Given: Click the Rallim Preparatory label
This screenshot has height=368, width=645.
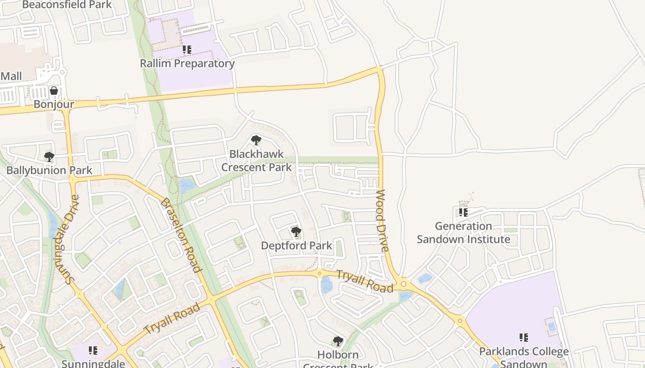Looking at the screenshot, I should (x=187, y=63).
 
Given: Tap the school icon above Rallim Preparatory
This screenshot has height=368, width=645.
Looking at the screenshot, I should (x=187, y=49).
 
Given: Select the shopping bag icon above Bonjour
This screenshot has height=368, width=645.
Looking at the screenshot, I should (x=54, y=91).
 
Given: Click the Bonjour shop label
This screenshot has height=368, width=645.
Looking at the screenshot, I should (x=54, y=104).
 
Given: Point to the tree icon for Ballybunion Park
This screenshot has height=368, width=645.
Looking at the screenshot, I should (x=49, y=157).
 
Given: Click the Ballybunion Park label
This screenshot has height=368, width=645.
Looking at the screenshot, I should (x=49, y=170).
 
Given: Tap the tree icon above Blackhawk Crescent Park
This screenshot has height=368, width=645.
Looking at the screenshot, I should (x=256, y=140).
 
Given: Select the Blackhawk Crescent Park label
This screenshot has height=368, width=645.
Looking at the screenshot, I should (x=257, y=160).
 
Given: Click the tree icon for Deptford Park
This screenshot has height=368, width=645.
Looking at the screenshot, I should (x=296, y=232).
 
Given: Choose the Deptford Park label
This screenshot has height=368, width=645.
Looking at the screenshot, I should (x=296, y=246).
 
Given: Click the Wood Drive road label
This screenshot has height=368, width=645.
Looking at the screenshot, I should (x=381, y=220).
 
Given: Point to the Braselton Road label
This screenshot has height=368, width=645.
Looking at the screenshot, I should (x=181, y=235).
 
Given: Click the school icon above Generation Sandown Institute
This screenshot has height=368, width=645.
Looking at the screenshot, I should (x=463, y=212).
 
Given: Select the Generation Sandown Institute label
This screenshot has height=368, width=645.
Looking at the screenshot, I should (x=463, y=233).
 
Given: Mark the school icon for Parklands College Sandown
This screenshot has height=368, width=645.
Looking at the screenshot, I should (x=524, y=338).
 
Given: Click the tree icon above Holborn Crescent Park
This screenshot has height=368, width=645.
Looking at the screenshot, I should (x=338, y=341).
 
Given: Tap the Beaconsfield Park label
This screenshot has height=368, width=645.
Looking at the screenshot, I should (x=67, y=5).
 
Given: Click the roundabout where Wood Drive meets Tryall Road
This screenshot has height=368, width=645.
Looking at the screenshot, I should (x=404, y=284).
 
